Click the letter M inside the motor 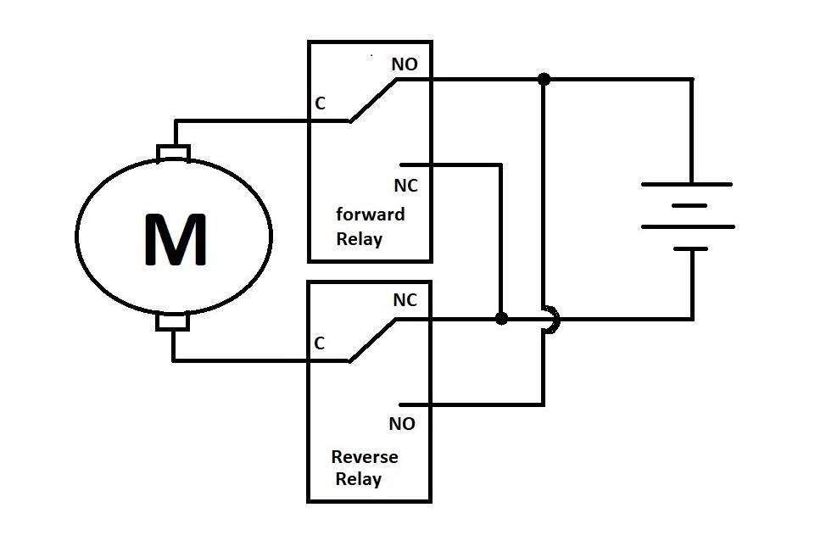[x=176, y=240]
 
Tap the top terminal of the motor [x=174, y=153]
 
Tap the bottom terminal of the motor [x=173, y=322]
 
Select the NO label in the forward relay [x=404, y=64]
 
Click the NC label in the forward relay [x=405, y=185]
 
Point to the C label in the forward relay [x=320, y=103]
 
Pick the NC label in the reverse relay [x=405, y=300]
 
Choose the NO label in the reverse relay [x=402, y=423]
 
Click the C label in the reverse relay [x=319, y=343]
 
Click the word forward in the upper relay [x=370, y=213]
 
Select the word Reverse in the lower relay [x=364, y=457]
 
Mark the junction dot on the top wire [x=544, y=79]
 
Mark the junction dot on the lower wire [x=501, y=319]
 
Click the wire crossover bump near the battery [x=552, y=319]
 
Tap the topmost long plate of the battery [x=686, y=184]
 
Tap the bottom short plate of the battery [x=692, y=248]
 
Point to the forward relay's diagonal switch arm [x=371, y=100]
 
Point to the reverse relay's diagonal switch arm [x=371, y=340]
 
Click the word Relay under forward [x=359, y=238]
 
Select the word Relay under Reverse [x=358, y=479]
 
